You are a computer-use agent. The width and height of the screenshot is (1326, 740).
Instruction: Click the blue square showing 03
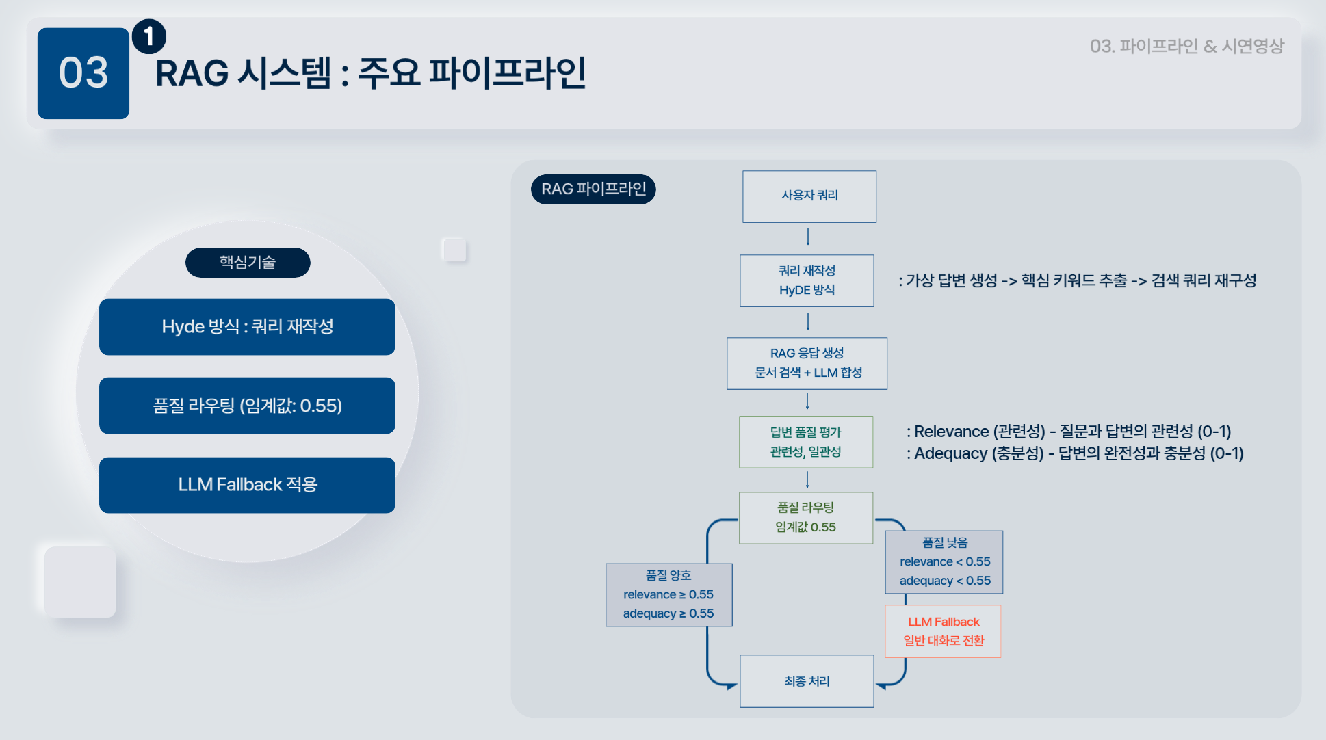(83, 73)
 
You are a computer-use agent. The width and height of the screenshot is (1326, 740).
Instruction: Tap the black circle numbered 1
(148, 36)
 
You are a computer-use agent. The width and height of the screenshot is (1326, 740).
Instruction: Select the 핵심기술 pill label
(248, 263)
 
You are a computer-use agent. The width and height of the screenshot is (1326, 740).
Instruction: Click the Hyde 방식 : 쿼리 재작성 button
(247, 327)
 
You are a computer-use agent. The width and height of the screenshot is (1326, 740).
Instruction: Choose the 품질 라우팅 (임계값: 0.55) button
(247, 406)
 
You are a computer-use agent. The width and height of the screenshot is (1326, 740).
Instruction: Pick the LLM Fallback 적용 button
(247, 485)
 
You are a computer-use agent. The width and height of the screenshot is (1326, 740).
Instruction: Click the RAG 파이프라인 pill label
(593, 189)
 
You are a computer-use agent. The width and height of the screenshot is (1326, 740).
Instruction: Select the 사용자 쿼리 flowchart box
(809, 196)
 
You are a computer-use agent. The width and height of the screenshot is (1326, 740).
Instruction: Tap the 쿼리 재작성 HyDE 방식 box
(807, 280)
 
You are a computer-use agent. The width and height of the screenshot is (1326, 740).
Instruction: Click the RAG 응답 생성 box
(807, 363)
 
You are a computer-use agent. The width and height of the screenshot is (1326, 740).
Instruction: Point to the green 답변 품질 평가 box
(806, 442)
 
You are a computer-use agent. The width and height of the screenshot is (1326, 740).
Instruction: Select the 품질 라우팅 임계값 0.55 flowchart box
(806, 518)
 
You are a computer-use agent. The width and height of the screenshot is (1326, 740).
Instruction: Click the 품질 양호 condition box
(668, 595)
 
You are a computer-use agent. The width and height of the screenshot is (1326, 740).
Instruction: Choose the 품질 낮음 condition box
(944, 561)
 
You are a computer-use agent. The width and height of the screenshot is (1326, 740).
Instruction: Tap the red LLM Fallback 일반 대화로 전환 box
(943, 631)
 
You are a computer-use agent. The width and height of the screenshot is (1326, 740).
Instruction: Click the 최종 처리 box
(807, 681)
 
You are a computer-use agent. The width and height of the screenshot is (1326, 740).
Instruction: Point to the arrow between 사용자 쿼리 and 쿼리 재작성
(808, 237)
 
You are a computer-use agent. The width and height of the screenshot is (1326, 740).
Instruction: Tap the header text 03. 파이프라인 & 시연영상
(1186, 47)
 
